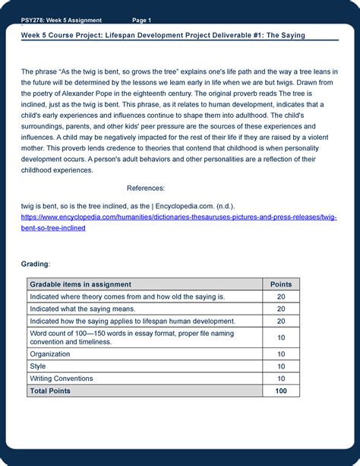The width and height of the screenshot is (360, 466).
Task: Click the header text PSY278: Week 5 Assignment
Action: pyautogui.click(x=62, y=20)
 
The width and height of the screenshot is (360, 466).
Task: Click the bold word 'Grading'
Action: pyautogui.click(x=35, y=263)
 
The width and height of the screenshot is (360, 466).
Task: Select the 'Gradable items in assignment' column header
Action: pyautogui.click(x=81, y=284)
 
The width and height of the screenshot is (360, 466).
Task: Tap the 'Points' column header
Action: pyautogui.click(x=281, y=284)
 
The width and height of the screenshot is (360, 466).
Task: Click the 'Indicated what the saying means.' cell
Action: pyautogui.click(x=83, y=309)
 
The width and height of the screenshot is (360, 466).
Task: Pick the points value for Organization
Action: pyautogui.click(x=281, y=354)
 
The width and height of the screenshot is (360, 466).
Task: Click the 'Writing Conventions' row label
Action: pyautogui.click(x=62, y=379)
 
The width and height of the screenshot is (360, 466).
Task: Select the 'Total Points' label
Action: pyautogui.click(x=50, y=391)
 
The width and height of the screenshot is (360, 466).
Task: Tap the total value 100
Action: pyautogui.click(x=281, y=391)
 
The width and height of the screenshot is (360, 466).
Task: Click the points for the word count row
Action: pyautogui.click(x=281, y=338)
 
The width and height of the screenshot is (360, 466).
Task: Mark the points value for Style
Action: pyautogui.click(x=281, y=366)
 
